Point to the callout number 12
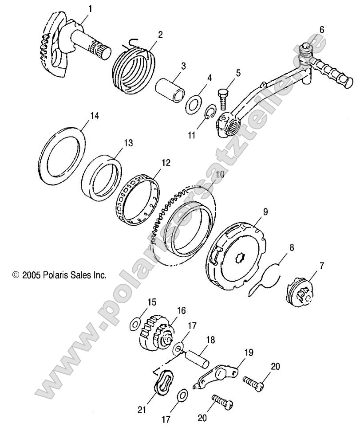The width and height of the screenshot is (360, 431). pos(166,163)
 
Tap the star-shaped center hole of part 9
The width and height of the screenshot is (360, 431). pos(243,257)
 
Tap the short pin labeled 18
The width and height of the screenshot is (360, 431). pos(198,357)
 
